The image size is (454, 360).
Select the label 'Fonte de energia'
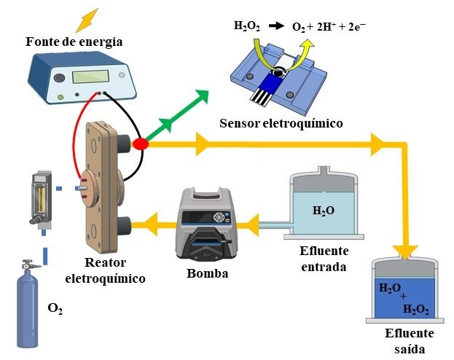[x=73, y=42]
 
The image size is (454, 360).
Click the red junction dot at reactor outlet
[x=141, y=144]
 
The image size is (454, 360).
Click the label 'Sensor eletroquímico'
[x=281, y=124]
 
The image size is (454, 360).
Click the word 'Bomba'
[x=207, y=274]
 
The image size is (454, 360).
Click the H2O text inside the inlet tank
[x=323, y=211]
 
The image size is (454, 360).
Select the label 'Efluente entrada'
[x=324, y=259]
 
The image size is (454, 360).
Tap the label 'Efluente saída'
[x=409, y=340]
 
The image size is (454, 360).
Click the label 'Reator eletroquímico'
[x=105, y=271]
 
